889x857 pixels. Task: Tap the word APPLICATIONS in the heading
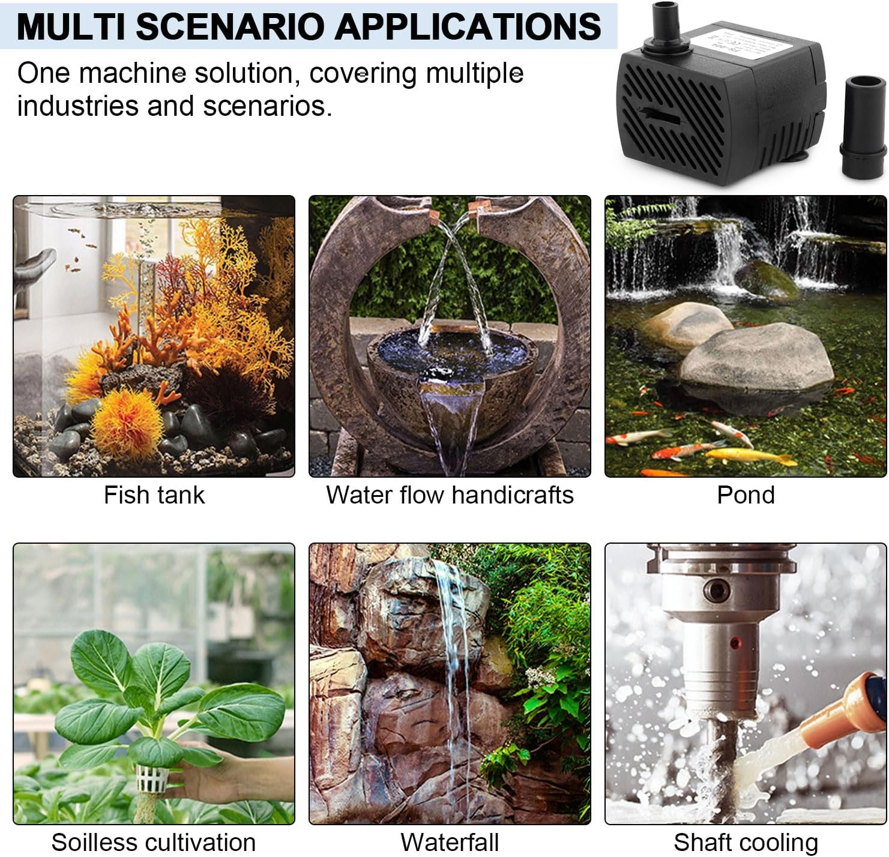click(x=468, y=26)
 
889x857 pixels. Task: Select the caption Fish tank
click(x=154, y=495)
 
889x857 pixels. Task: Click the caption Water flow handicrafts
click(x=450, y=495)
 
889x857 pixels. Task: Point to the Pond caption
click(x=746, y=495)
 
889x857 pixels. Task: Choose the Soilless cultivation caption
click(x=154, y=843)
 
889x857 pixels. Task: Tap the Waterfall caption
click(x=450, y=843)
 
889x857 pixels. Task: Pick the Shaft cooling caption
click(x=746, y=843)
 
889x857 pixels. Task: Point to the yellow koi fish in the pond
click(x=750, y=457)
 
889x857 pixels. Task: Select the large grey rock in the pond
click(x=756, y=360)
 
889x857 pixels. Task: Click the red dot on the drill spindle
click(x=734, y=644)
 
